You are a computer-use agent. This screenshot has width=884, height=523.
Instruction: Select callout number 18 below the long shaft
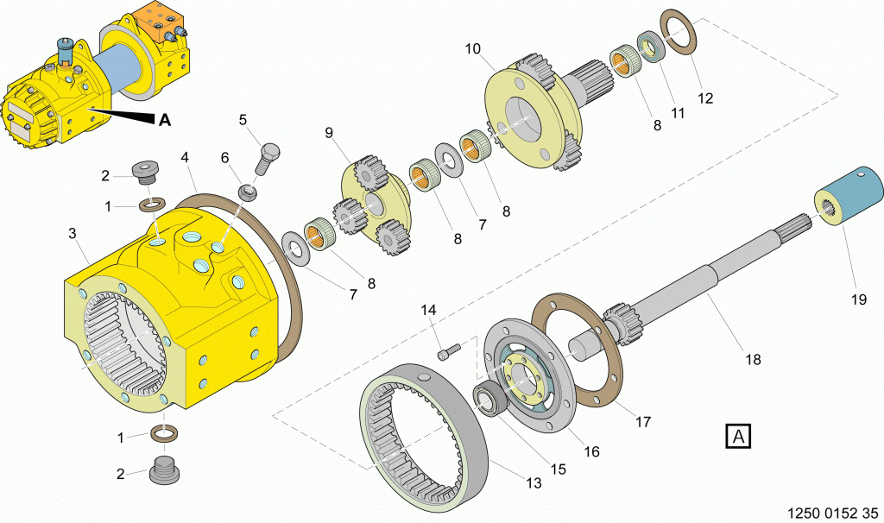pos(753,359)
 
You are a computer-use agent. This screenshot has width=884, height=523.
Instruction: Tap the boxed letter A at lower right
pos(738,437)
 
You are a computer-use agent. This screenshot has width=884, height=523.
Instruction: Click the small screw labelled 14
pos(448,350)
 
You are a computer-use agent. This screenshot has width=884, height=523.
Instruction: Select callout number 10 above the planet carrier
pos(473,49)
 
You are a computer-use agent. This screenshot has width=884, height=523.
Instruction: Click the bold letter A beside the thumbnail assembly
pos(164,120)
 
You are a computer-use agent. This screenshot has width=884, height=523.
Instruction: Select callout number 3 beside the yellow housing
pos(73,233)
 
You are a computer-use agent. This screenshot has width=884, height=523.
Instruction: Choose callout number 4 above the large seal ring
pos(185,158)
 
